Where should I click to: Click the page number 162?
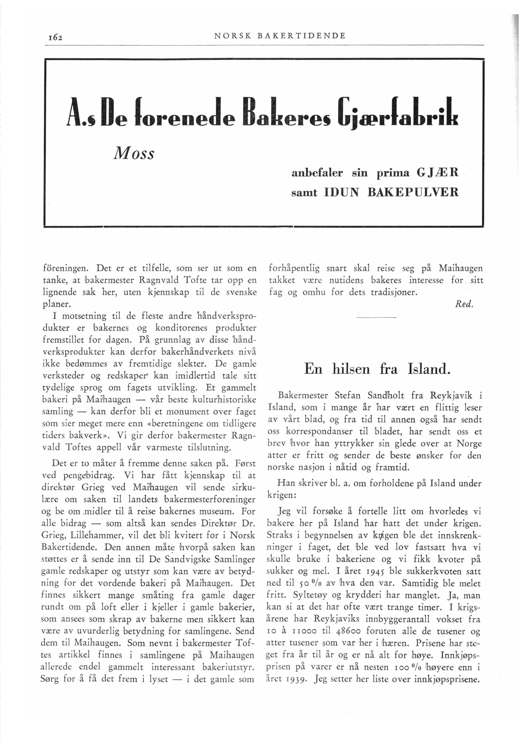click(54, 37)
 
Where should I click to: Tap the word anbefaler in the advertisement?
click(317, 173)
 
